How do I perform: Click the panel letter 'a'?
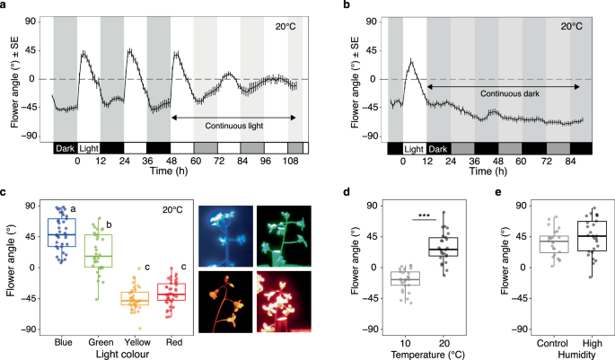6,7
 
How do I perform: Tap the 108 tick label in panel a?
289,162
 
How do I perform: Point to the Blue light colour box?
61,232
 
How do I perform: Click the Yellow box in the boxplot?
136,298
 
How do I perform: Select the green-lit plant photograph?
286,234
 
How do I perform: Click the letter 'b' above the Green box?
110,224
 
